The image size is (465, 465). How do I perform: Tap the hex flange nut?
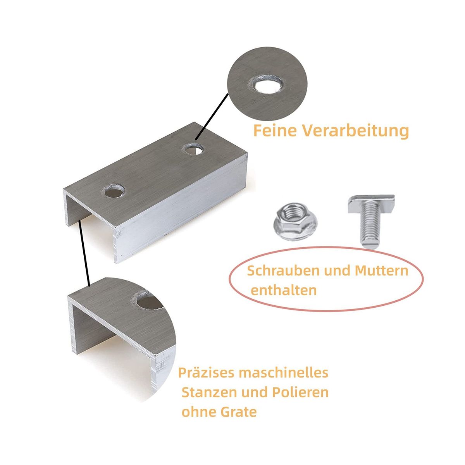tap(295, 221)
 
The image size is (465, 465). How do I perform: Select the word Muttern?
tap(382, 271)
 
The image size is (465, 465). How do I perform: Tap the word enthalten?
tap(284, 290)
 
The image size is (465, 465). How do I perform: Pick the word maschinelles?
tap(284, 379)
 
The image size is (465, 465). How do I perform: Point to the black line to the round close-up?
tap(212, 117)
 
